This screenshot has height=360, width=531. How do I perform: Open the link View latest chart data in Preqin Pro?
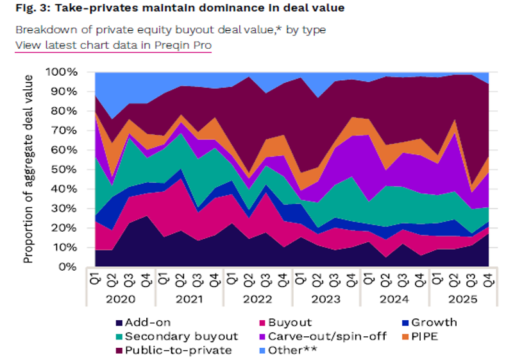coord(114,45)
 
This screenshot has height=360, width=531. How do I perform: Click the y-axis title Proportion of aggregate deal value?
coord(29,169)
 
